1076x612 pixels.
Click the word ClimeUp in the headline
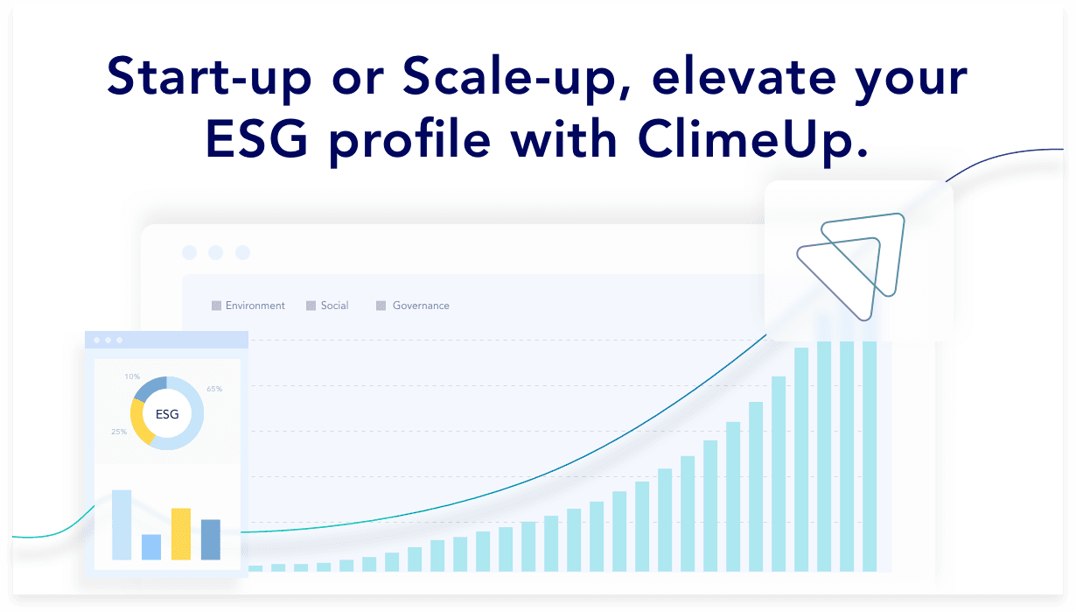click(752, 139)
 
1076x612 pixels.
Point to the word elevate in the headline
click(744, 76)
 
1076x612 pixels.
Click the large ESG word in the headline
click(256, 139)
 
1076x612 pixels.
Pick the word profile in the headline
click(410, 141)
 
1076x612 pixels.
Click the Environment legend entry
click(248, 306)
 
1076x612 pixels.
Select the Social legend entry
click(327, 306)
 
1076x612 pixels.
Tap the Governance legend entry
click(413, 306)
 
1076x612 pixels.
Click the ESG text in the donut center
click(167, 414)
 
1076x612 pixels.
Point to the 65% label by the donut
click(214, 389)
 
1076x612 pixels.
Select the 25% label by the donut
click(119, 432)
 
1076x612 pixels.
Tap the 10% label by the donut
click(132, 376)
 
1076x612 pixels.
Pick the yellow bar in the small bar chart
click(181, 533)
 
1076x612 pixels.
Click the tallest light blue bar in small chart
click(122, 524)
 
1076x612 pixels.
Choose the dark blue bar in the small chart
click(211, 539)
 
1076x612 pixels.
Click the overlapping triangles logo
click(850, 267)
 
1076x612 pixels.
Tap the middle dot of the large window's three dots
click(216, 252)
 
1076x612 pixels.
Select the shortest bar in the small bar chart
click(151, 547)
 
